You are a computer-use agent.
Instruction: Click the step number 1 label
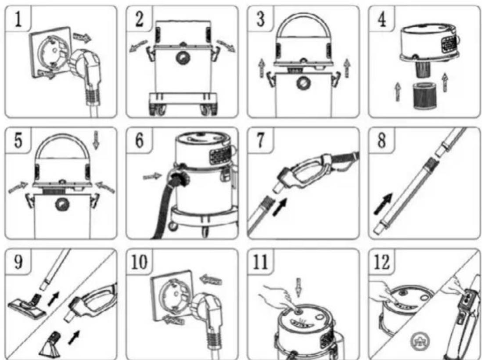18,19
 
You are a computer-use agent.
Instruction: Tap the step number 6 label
139,140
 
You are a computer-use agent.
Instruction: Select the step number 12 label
381,262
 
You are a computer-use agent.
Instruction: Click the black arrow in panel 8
383,204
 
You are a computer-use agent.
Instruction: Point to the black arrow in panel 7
280,207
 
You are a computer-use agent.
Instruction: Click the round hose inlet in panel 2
183,58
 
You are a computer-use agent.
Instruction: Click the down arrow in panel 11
298,288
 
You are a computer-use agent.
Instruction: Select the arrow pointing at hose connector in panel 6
152,176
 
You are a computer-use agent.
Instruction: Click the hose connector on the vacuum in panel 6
178,178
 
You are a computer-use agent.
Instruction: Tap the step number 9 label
18,262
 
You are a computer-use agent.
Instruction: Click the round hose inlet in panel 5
62,205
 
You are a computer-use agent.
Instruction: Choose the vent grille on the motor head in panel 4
450,43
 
